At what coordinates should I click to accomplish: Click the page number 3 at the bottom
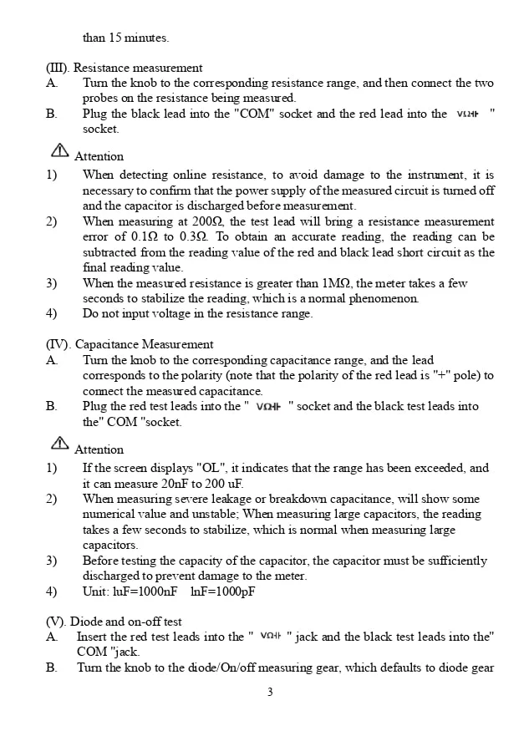[270, 692]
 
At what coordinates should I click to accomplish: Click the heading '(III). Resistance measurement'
[124, 68]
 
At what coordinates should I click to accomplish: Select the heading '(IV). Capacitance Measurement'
[130, 344]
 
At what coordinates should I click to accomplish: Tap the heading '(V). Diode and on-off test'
[114, 622]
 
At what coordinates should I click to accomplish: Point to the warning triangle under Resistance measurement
[59, 151]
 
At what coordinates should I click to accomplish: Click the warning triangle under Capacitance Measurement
[59, 444]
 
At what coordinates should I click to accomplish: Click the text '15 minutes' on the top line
[140, 38]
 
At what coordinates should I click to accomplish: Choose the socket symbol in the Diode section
[271, 637]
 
